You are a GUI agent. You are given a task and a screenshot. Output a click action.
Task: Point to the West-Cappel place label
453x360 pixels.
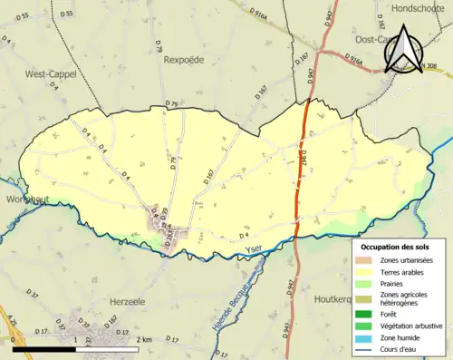(x=50, y=73)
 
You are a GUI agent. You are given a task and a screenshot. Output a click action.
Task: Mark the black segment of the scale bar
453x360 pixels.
(x=43, y=348)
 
